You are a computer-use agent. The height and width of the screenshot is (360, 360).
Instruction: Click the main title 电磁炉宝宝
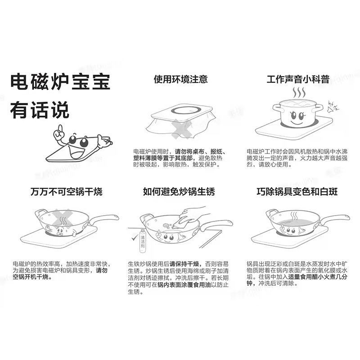click(x=60, y=82)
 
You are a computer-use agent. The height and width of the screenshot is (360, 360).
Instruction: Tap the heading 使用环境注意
click(x=181, y=79)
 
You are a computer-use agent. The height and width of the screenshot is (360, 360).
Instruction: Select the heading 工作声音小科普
click(x=298, y=80)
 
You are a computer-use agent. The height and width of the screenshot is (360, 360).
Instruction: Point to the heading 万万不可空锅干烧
click(x=66, y=192)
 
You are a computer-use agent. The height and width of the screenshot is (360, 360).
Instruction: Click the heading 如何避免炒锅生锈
click(x=179, y=192)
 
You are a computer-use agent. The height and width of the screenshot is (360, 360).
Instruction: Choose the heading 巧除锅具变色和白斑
click(x=297, y=192)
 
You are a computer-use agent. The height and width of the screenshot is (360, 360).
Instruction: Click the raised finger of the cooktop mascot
click(x=60, y=129)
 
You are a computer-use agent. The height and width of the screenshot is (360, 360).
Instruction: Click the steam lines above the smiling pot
click(x=299, y=93)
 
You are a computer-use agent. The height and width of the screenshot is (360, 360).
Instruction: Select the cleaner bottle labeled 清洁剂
click(x=143, y=241)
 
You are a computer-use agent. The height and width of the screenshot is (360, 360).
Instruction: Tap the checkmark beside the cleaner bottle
click(x=134, y=237)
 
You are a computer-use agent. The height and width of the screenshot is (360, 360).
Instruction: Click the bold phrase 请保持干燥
click(x=184, y=264)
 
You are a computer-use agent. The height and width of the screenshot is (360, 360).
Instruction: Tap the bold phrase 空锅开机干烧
click(x=31, y=277)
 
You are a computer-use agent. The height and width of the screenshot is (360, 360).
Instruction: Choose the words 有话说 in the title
click(x=40, y=110)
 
